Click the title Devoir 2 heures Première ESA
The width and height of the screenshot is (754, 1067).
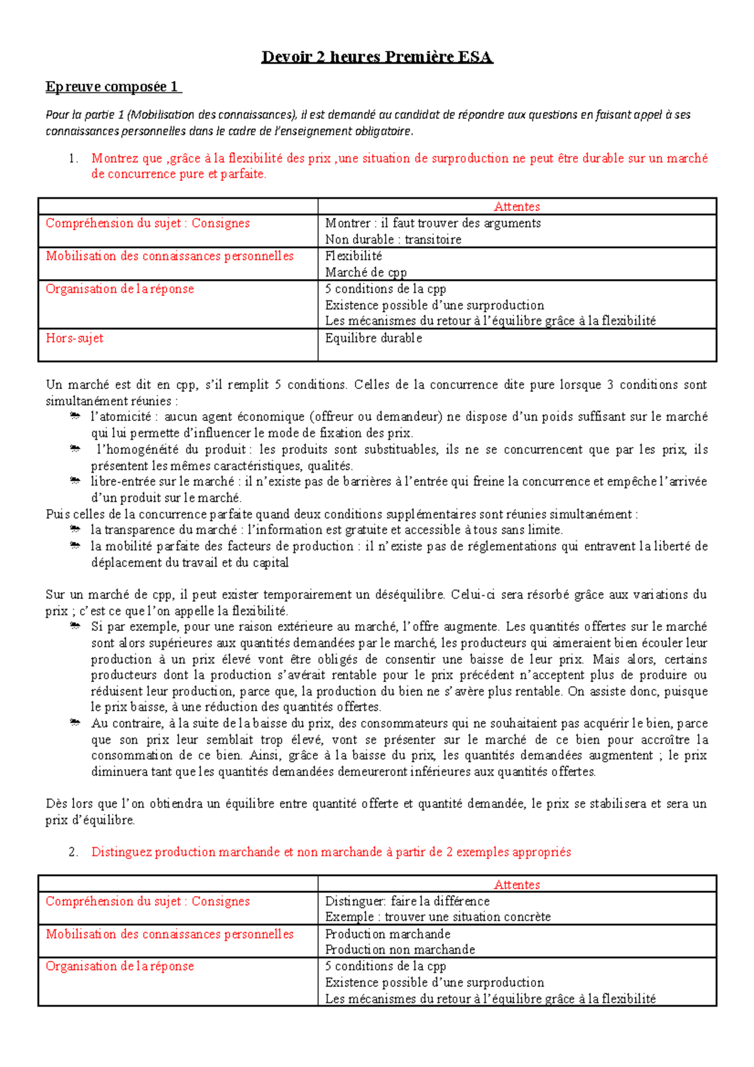[377, 57]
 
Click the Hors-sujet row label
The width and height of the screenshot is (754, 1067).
[74, 338]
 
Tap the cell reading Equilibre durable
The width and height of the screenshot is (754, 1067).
[373, 338]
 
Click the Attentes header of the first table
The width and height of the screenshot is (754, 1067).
[516, 207]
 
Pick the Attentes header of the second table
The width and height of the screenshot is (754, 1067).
[516, 885]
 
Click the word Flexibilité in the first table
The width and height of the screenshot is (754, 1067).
[353, 256]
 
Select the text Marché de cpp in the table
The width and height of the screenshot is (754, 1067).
[366, 272]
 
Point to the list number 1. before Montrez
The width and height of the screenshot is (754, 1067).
[74, 158]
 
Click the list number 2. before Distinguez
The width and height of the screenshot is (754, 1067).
[74, 852]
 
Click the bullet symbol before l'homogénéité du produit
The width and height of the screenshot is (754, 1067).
[75, 449]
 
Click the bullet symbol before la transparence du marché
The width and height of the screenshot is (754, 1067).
[75, 530]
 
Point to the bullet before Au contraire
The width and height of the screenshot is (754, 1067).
[75, 723]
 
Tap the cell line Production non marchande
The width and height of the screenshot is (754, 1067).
[400, 949]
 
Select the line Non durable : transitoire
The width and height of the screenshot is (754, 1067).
[393, 239]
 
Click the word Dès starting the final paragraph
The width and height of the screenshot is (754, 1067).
[57, 804]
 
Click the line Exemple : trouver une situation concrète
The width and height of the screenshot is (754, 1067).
[437, 917]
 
